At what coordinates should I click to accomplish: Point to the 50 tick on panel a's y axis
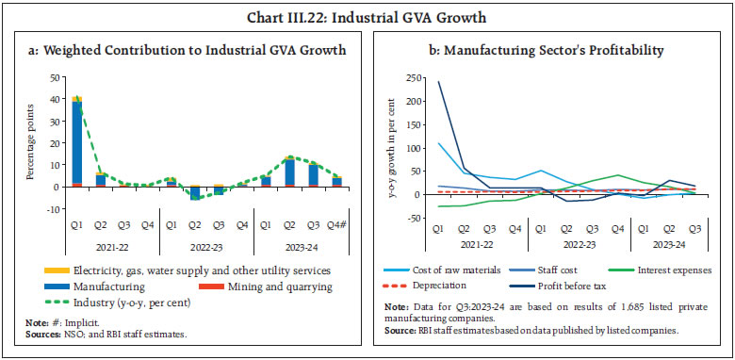click(x=56, y=77)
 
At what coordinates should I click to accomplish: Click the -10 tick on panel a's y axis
click(x=54, y=209)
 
